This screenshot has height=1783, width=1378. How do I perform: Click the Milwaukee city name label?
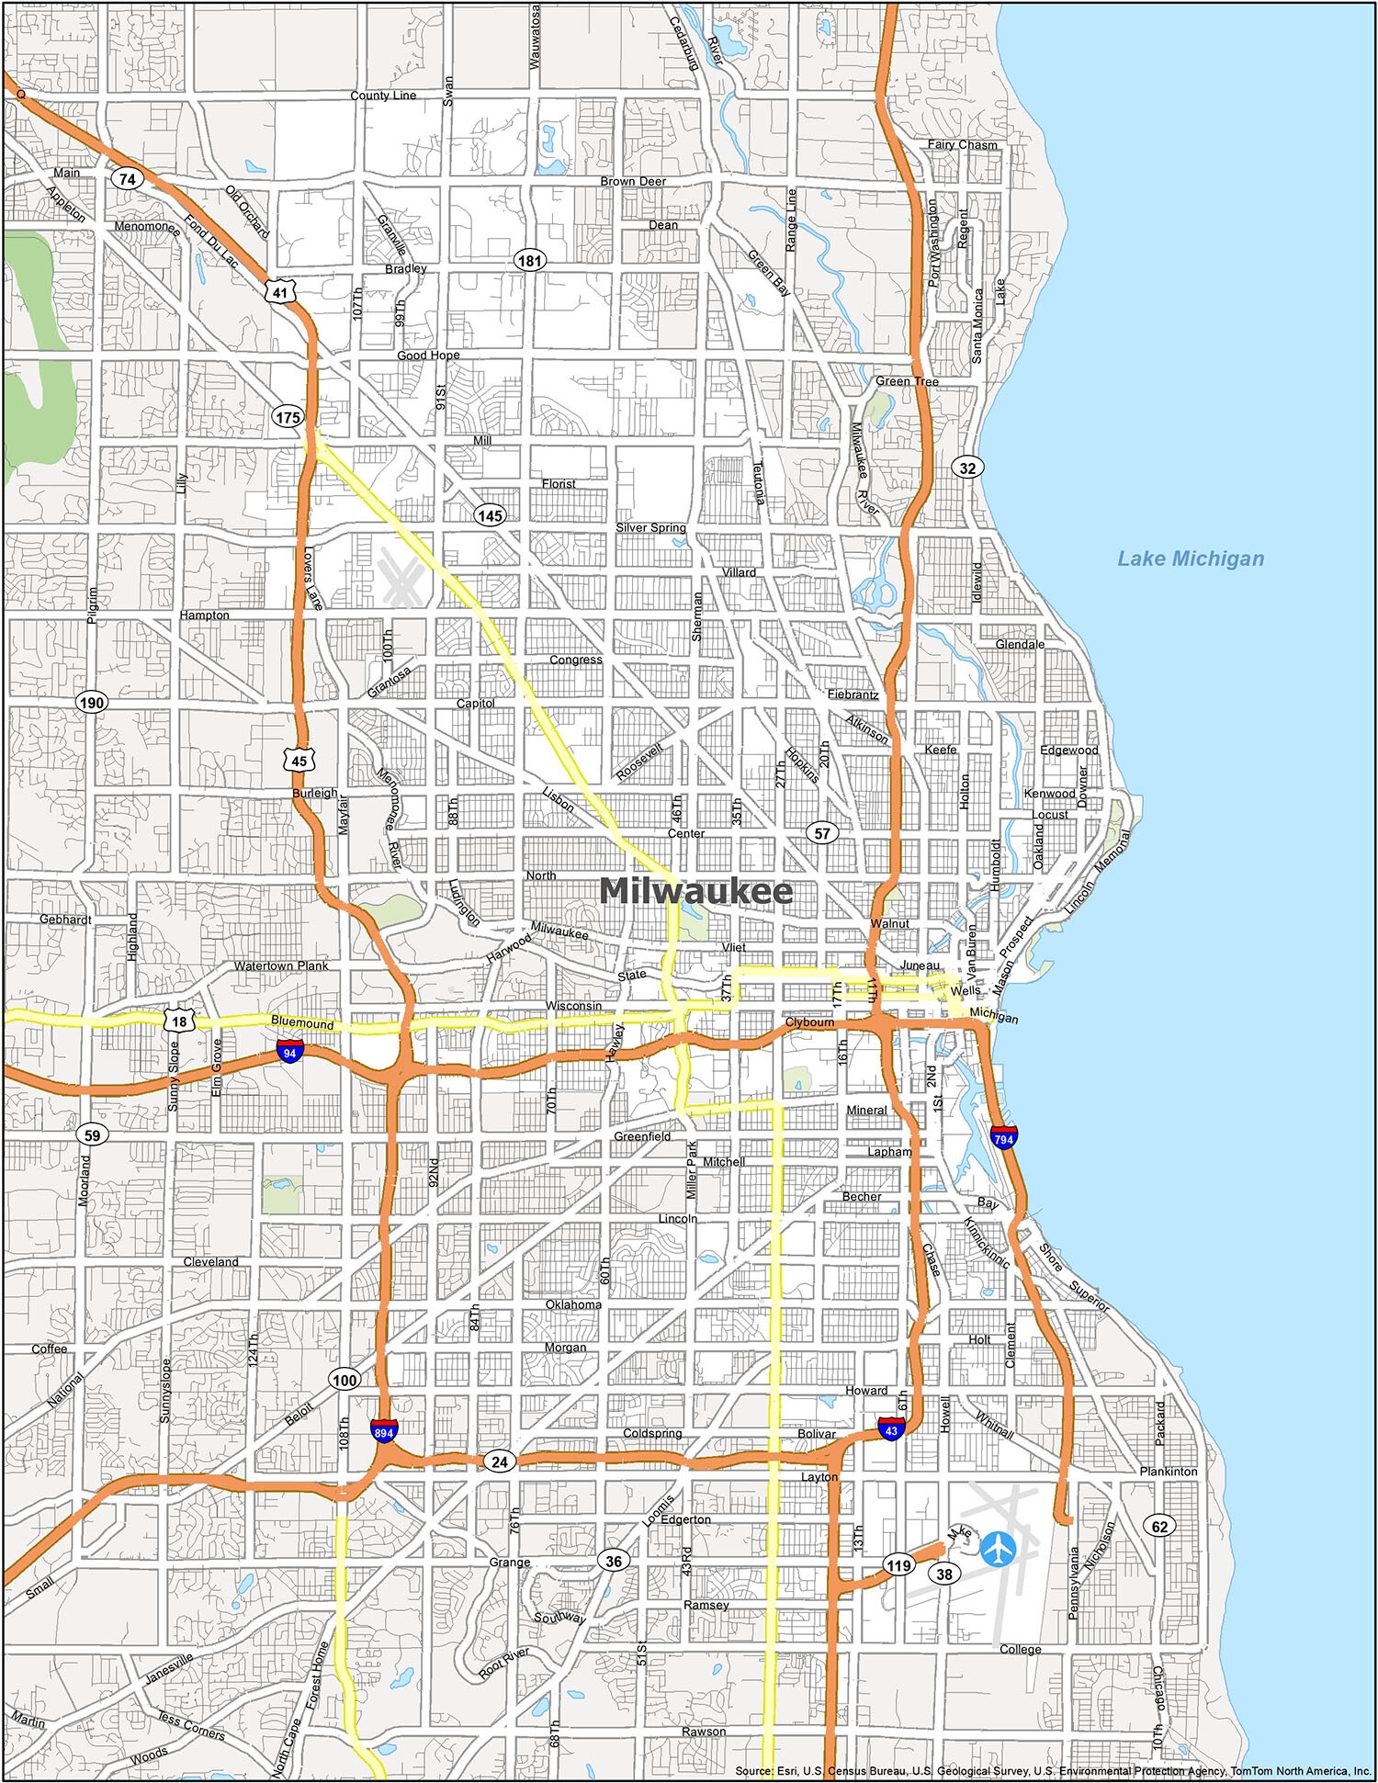[695, 891]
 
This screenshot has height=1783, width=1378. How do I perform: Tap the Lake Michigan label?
[1190, 559]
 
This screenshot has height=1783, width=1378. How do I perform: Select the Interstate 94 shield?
[290, 1053]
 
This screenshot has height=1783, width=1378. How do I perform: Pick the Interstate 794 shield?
[1004, 1138]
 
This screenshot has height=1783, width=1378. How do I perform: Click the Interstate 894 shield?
[384, 1431]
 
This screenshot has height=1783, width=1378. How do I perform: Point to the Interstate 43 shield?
[890, 1429]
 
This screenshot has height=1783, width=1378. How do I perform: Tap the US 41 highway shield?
[279, 293]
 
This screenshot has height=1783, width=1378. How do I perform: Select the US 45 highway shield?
[299, 761]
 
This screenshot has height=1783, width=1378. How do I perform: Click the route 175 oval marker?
[288, 417]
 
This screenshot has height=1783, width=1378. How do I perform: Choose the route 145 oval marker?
[490, 515]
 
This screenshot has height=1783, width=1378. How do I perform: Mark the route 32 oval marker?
[967, 468]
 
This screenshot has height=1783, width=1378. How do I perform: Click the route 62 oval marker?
[1160, 1526]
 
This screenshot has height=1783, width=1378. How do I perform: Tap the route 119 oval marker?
[898, 1565]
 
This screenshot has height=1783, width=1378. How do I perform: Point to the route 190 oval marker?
[91, 703]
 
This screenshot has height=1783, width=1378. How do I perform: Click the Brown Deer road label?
[633, 181]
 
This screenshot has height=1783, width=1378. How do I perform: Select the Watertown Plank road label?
[280, 965]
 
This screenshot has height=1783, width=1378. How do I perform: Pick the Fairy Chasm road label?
[962, 144]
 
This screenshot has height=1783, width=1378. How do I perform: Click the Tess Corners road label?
[191, 1725]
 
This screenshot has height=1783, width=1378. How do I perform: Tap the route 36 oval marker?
[614, 1560]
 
